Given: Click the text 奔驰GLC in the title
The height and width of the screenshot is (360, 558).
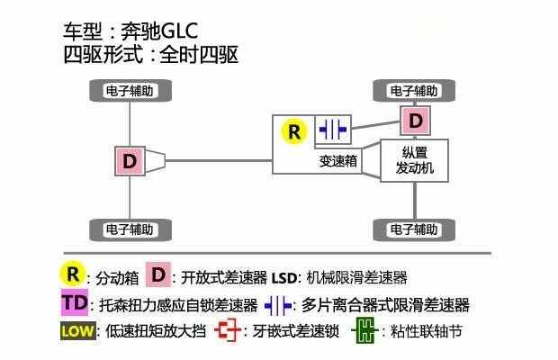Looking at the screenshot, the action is pos(159,31).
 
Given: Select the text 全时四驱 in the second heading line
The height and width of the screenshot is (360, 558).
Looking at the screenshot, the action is pos(199,55).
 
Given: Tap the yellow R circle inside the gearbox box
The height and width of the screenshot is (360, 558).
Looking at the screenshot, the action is pos(294,131).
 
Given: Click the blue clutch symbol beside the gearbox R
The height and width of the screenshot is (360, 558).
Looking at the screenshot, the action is pos(333,129).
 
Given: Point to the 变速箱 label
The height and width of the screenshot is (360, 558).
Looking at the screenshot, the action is pos(337,161).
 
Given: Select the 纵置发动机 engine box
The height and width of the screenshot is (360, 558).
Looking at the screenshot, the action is pos(415,160).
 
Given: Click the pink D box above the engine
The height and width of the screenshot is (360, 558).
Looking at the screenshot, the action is pos(415,121).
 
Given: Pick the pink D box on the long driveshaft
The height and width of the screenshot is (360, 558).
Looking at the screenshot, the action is pos(130,161).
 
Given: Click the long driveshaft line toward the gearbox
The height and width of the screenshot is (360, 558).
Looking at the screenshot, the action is pos(219,161).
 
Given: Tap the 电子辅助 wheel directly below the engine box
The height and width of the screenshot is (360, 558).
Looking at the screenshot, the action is pos(414,229).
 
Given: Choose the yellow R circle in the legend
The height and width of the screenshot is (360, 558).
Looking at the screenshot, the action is pos(72,274).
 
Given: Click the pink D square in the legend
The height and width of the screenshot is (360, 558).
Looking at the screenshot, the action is pos(158,274).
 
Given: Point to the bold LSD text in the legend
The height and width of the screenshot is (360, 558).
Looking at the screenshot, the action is pos(283,278).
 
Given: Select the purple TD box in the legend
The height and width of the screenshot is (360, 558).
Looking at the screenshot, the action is pos(75,303).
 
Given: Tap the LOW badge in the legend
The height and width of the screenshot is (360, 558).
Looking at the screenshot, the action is pos(78,331).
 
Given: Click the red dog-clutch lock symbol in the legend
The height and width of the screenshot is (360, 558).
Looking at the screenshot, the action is pos(228,330).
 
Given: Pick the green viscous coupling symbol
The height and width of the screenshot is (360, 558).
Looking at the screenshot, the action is pos(364,330).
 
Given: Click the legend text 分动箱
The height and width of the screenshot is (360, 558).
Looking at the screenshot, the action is pos(117,278).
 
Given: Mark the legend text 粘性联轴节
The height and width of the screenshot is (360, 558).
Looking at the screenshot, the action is pos(426,331).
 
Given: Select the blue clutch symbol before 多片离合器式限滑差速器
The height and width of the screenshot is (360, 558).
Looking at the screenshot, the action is pos(278,306).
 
